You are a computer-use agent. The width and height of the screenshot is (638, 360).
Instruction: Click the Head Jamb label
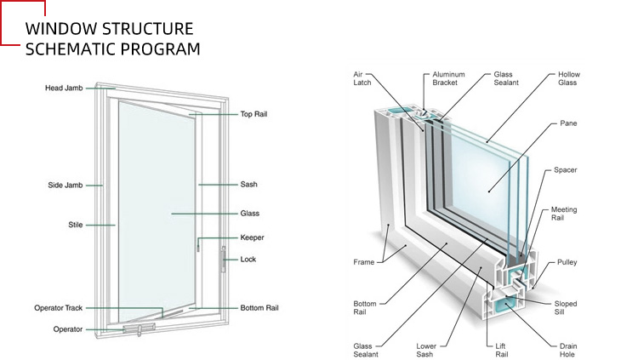64,89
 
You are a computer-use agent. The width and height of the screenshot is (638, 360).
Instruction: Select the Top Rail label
255,113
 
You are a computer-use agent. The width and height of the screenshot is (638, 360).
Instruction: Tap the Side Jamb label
65,185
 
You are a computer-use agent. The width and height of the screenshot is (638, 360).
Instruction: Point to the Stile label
75,225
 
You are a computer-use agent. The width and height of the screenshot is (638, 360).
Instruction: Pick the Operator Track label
58,307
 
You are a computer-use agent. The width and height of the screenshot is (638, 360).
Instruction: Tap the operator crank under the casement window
137,327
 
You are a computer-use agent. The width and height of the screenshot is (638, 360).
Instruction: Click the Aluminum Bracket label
448,79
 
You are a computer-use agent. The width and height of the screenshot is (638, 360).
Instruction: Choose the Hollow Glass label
569,79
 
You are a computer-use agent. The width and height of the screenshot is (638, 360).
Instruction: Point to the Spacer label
566,170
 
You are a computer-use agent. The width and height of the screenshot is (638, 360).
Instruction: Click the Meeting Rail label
564,214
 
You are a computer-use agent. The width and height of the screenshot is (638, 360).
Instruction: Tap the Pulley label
567,262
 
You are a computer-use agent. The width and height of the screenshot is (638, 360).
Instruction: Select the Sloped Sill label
566,307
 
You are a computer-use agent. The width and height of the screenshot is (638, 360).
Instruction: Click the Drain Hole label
569,351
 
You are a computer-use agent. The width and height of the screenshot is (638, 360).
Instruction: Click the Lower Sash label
427,351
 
